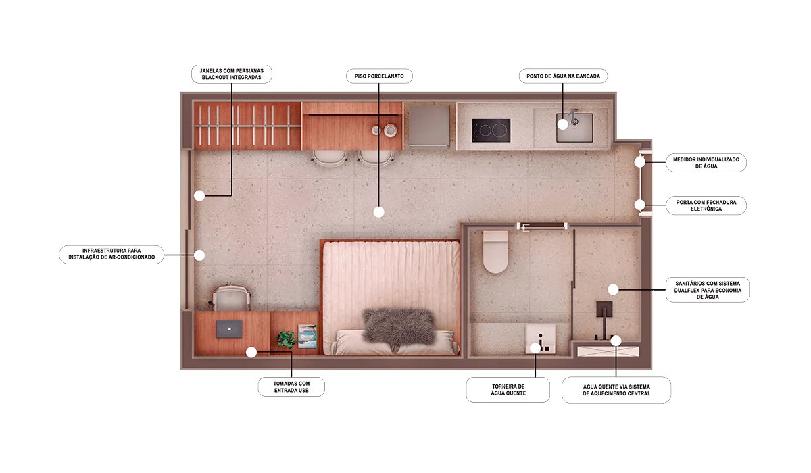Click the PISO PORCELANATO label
pos(379,76)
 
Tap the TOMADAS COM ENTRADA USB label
pos(291,387)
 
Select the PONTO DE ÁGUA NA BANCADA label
pos(563,76)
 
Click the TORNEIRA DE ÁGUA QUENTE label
pos(508,390)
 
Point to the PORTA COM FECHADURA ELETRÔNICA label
pos(706,205)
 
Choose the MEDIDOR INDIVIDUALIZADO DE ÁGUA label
pos(706,163)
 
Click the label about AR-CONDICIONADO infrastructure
pos(112,254)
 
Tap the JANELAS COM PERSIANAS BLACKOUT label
pos(232,74)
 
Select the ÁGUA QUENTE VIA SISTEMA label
pos(616,390)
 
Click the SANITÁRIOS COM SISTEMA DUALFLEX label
pos(708,290)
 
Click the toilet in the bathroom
pos(495,252)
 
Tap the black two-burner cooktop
pos(491,130)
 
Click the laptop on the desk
pos(229,329)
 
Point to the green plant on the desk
pos(286,339)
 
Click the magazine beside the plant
pos(308,337)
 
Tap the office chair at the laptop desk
pos(231,298)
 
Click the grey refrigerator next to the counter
pos(429,126)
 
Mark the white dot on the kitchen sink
pos(562,124)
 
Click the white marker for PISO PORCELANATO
pos(378,212)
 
